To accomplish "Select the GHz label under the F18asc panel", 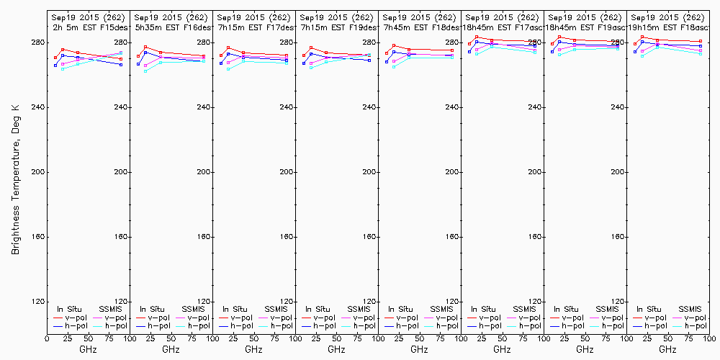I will [667, 349].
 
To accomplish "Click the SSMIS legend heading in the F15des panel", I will [112, 309].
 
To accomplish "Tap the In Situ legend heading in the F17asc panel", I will [488, 309].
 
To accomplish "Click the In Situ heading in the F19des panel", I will [323, 309].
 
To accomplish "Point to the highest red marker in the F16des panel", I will [145, 48].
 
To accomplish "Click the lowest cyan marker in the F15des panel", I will [63, 69].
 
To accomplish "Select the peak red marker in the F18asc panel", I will [642, 37].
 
